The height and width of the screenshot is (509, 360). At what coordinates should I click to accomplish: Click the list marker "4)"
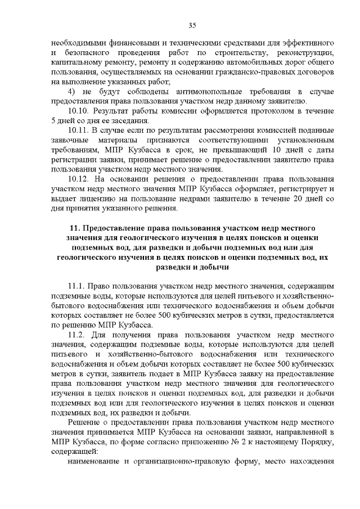pos(71,91)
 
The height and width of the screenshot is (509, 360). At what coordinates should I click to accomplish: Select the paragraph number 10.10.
pos(78,111)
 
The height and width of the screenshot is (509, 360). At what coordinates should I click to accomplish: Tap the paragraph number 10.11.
pos(78,130)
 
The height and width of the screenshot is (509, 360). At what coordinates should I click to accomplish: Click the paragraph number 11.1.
pos(76,287)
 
